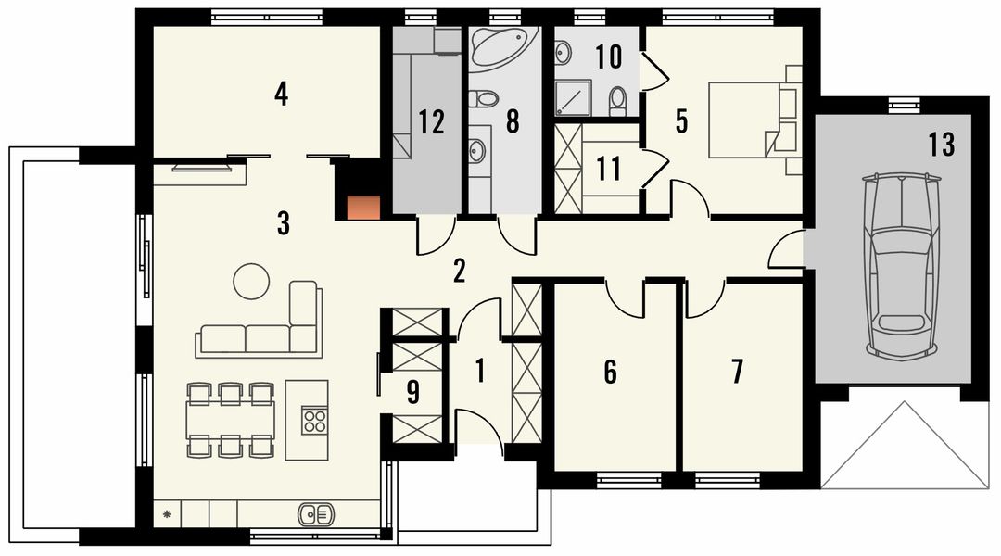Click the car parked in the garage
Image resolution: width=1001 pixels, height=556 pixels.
pos(901,266)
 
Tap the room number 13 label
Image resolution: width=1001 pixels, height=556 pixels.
pos(942,145)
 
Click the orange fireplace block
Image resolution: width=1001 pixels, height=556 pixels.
pos(363,208)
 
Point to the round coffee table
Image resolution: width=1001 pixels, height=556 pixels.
pos(251,282)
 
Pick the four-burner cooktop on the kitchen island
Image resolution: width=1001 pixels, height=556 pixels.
pos(314,421)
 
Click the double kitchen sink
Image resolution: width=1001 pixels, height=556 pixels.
pos(315,513)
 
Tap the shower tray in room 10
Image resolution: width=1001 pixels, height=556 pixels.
pos(571,97)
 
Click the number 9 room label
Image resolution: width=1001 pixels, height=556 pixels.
pos(413,393)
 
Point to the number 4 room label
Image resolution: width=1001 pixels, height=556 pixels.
pos(281,94)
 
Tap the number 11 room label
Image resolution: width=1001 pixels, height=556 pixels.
pos(608,170)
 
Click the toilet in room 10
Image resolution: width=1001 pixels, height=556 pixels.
pos(617,101)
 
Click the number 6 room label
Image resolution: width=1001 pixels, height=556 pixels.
pos(610,373)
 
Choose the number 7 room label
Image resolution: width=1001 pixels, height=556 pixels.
pos(738,372)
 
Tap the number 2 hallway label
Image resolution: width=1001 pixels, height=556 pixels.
pos(459,271)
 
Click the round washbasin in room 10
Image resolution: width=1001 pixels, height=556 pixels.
pos(564,53)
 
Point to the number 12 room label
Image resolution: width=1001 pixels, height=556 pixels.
pos(431,122)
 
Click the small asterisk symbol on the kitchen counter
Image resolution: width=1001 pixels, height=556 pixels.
pos(167,513)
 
